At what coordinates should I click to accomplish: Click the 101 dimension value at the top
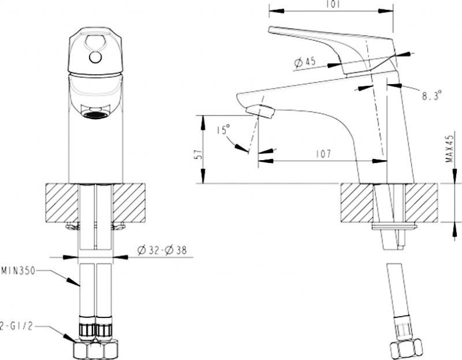(x=330, y=4)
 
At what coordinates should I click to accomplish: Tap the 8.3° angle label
(x=431, y=94)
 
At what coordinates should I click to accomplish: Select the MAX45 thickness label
(x=449, y=149)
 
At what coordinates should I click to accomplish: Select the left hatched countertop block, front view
(x=61, y=202)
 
